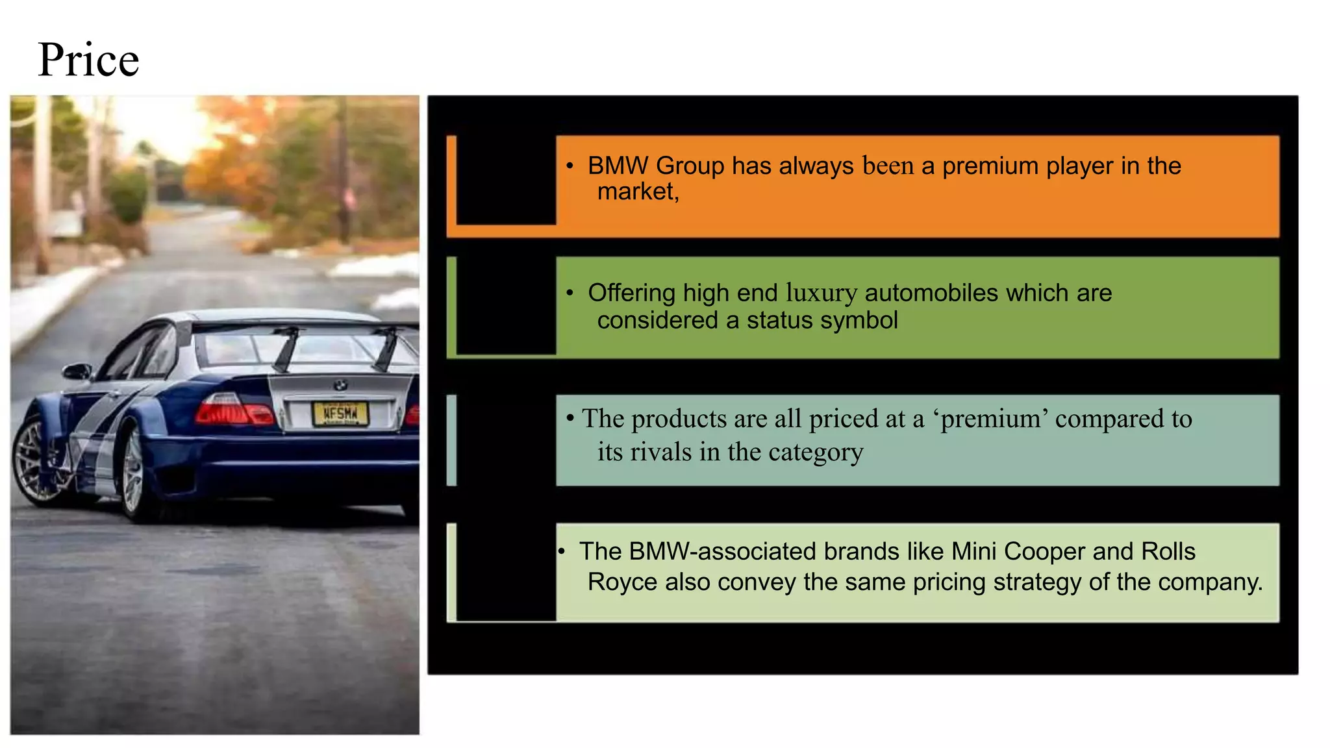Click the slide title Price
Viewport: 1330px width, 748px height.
[88, 60]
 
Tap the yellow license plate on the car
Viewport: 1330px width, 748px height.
[340, 414]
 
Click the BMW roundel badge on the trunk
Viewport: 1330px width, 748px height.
[340, 385]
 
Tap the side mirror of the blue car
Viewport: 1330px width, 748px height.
[77, 371]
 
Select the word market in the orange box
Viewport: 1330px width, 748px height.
[636, 192]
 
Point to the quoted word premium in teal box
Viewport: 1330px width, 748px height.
[994, 419]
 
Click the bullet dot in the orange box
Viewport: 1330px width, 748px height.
[570, 167]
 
